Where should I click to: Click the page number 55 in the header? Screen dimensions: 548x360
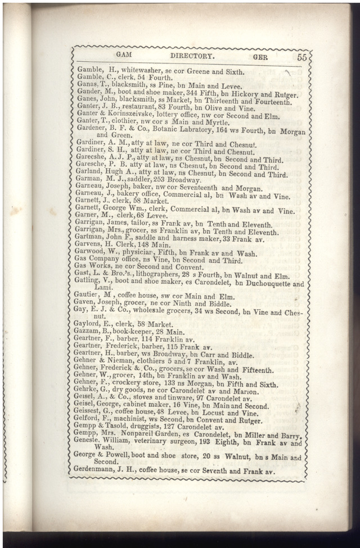point(302,57)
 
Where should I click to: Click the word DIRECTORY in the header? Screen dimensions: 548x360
point(192,56)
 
